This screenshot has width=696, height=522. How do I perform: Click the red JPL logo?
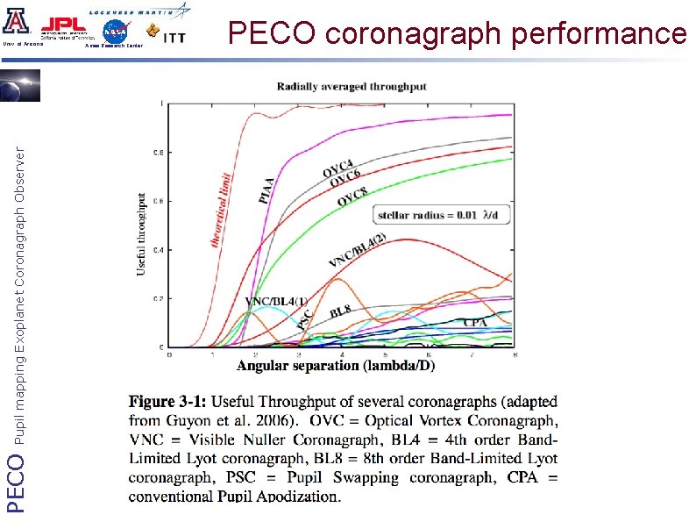click(62, 25)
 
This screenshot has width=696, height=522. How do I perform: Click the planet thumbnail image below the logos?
click(19, 87)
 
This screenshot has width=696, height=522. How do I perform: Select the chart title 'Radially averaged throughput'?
click(352, 86)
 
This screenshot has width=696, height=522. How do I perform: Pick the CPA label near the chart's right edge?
click(474, 323)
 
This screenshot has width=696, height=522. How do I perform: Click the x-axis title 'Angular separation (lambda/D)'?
click(336, 365)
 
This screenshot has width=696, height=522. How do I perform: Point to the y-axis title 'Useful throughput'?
click(142, 234)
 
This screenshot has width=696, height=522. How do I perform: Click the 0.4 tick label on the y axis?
click(158, 250)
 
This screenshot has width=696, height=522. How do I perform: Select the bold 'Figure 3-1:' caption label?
click(168, 403)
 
